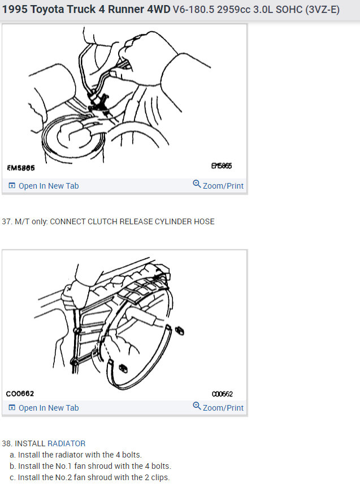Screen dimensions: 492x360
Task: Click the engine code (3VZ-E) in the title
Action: click(322, 10)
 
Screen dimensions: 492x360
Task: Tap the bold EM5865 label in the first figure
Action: click(21, 167)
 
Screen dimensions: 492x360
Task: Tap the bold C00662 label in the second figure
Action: click(20, 394)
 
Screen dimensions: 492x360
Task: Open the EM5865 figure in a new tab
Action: click(48, 186)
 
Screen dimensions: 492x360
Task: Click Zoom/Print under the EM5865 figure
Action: click(223, 186)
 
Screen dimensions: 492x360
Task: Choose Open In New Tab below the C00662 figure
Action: click(48, 408)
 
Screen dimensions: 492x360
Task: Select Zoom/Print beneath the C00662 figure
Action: click(223, 408)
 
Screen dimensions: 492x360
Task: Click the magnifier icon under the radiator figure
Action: click(197, 406)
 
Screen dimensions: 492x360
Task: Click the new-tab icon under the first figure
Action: click(12, 186)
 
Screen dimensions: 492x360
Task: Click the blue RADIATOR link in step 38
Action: click(66, 443)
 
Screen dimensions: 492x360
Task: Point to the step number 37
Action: click(6, 221)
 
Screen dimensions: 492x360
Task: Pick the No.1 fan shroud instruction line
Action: click(90, 466)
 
